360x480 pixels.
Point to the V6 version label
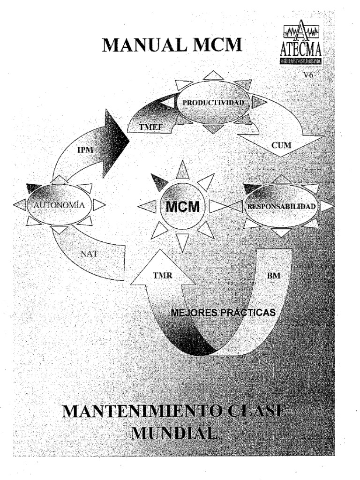point(309,75)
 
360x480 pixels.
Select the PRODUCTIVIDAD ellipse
point(213,102)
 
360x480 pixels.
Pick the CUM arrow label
point(281,145)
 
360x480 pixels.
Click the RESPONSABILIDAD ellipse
point(281,206)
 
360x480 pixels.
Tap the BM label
point(274,276)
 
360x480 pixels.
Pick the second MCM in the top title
point(220,45)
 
